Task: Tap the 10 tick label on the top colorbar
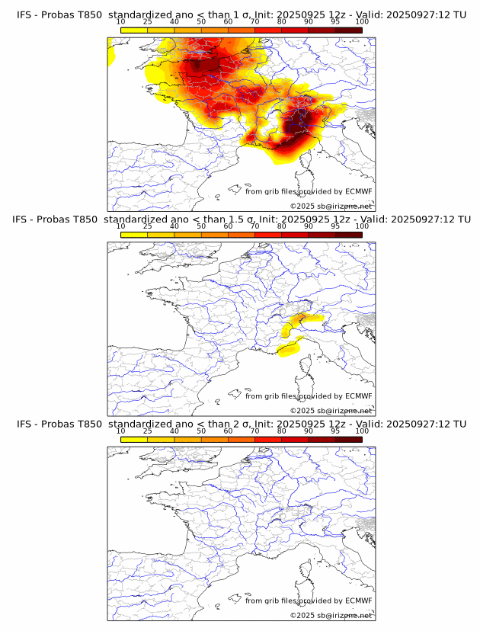click(121, 22)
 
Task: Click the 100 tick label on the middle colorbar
click(362, 226)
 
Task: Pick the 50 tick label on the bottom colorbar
click(201, 431)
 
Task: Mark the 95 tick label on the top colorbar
click(335, 22)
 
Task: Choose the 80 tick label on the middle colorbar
click(282, 226)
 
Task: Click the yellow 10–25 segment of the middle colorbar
click(134, 234)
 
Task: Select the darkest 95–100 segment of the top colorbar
click(348, 30)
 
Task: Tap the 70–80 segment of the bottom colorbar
click(268, 438)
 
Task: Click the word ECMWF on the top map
click(359, 192)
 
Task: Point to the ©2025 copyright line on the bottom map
click(331, 615)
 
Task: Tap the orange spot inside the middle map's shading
click(300, 317)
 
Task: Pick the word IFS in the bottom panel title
click(24, 424)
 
